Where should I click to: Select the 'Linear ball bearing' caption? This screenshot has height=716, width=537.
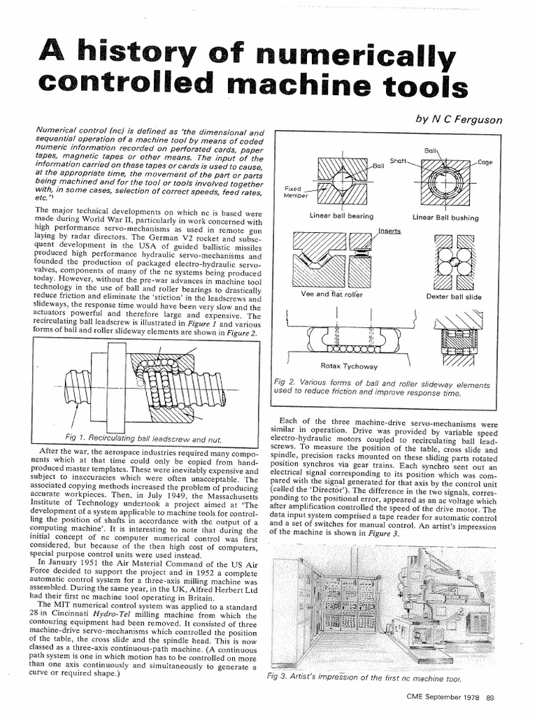(x=341, y=217)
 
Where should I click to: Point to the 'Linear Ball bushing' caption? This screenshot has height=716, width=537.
(x=445, y=218)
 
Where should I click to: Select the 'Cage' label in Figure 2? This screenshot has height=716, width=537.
(x=485, y=162)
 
